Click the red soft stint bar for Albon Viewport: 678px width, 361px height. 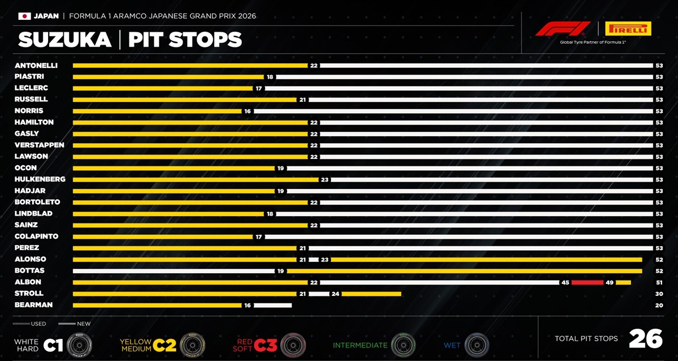tap(587, 282)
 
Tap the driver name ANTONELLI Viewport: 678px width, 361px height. tap(36, 65)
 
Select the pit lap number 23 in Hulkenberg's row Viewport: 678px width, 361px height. tap(324, 179)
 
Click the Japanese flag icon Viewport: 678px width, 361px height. tap(24, 16)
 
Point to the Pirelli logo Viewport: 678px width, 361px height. tap(628, 29)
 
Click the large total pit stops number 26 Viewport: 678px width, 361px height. tap(645, 338)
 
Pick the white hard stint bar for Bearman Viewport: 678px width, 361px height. tap(272, 305)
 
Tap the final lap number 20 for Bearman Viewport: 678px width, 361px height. tap(659, 305)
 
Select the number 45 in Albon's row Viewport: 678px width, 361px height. tap(565, 282)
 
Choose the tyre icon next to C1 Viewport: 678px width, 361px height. tap(80, 344)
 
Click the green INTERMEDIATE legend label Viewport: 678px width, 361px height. tap(360, 345)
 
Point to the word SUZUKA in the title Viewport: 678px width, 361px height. tap(64, 40)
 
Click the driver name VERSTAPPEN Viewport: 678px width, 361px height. tap(40, 145)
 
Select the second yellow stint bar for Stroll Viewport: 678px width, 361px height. tap(371, 294)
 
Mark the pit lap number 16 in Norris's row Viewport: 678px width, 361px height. tap(247, 111)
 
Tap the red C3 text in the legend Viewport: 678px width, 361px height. tap(265, 345)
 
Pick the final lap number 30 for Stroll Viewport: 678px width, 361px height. tap(659, 294)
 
